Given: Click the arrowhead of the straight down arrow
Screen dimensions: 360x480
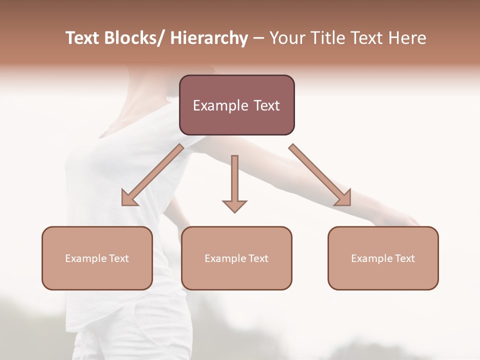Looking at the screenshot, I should [234, 205].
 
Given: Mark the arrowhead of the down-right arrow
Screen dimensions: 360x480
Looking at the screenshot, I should [344, 198].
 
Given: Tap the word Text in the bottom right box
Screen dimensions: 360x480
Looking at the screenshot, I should [404, 258].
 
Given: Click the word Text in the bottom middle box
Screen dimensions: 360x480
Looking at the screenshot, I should [258, 258].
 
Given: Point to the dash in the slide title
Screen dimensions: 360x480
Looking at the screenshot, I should [258, 38].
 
